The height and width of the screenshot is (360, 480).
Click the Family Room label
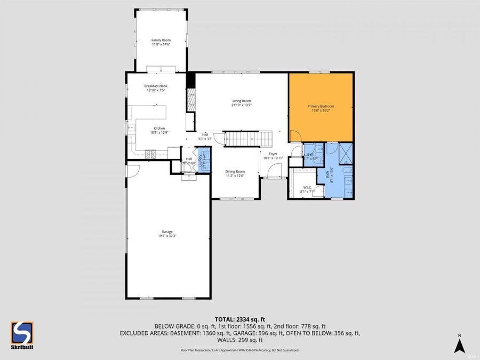pos(161,40)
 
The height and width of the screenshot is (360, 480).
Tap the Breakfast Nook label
pos(156,85)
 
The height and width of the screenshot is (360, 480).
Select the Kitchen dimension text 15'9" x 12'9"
pos(159,133)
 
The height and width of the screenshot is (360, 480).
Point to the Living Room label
pos(241,101)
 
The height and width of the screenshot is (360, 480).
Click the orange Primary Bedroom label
pos(321,107)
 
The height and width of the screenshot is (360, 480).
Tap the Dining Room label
pos(235,171)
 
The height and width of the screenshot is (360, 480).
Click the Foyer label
pos(273,154)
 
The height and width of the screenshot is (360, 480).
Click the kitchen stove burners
pos(150,155)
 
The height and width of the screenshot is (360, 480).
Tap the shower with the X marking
pos(345,152)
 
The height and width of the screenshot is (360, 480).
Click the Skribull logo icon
pos(22,334)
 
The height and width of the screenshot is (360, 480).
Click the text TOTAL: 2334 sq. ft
pos(239,318)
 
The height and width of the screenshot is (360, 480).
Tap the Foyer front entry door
pos(274,171)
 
